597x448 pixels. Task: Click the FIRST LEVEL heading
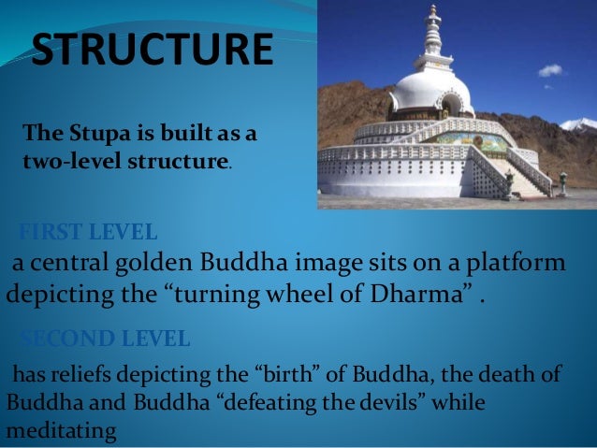[x=89, y=231]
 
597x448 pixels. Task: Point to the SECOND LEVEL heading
[x=106, y=337]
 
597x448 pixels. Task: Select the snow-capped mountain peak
[x=580, y=123]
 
